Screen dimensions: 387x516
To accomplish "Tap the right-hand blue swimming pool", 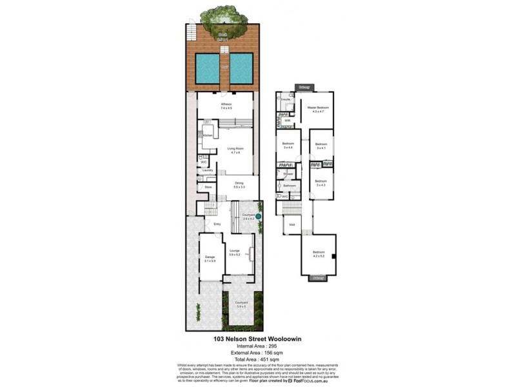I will (x=242, y=67).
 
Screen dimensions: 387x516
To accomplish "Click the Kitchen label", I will (x=208, y=135).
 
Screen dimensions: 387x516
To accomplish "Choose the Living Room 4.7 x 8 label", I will (x=235, y=150).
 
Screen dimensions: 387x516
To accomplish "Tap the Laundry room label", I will (x=207, y=170).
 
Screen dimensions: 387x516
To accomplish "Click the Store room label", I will (x=208, y=187).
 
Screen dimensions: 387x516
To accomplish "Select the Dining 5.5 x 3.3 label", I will (x=239, y=184).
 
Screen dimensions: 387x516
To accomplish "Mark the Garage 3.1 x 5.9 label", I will (x=209, y=259).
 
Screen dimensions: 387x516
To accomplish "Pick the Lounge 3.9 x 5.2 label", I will (x=235, y=253).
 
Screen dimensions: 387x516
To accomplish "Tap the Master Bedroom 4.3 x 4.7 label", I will (x=318, y=109).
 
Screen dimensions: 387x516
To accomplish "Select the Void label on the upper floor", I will (x=292, y=225).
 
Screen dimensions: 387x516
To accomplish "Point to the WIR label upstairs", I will (x=287, y=120).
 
